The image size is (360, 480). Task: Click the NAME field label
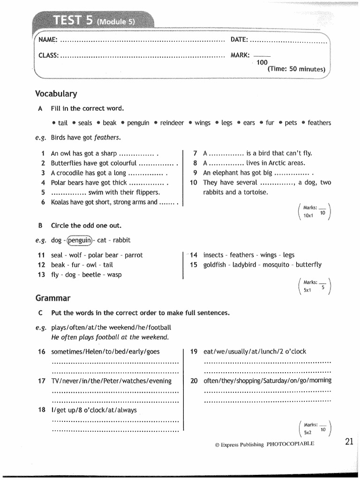tap(48, 40)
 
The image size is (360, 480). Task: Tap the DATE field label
tap(240, 40)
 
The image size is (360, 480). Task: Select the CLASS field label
tap(48, 55)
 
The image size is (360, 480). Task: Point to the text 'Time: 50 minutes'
tap(296, 69)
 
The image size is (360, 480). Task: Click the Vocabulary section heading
tap(56, 94)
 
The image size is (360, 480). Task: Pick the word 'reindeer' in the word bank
tap(172, 123)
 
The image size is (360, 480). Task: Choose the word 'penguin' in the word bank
tap(138, 123)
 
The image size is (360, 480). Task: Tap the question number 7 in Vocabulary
tap(195, 153)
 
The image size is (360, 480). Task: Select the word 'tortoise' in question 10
tap(255, 192)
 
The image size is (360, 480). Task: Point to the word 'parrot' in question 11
tap(134, 255)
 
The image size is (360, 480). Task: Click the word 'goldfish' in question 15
tap(215, 264)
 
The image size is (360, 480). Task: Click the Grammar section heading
tap(52, 298)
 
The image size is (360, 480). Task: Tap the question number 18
tap(41, 410)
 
